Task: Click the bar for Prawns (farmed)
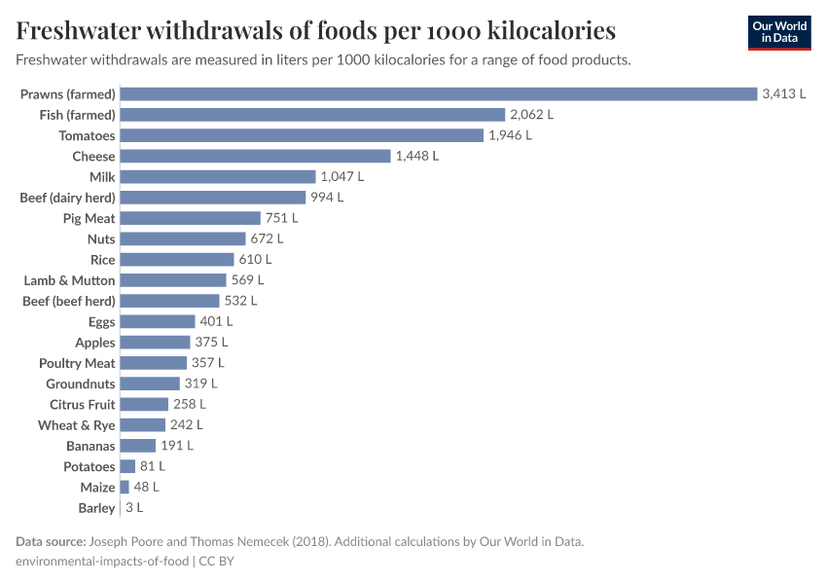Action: point(438,94)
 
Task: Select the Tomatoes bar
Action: point(302,135)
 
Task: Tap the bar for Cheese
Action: point(255,156)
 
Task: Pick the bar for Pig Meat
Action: point(191,218)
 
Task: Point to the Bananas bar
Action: point(138,446)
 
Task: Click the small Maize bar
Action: point(125,487)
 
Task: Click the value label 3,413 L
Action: point(784,94)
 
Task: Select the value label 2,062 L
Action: point(531,115)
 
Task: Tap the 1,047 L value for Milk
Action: point(342,177)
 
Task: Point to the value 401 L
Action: point(216,321)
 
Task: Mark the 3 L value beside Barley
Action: point(133,508)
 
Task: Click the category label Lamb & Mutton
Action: point(69,280)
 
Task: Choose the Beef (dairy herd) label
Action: point(67,198)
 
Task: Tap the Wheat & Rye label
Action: point(77,425)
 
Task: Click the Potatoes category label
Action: point(89,466)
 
